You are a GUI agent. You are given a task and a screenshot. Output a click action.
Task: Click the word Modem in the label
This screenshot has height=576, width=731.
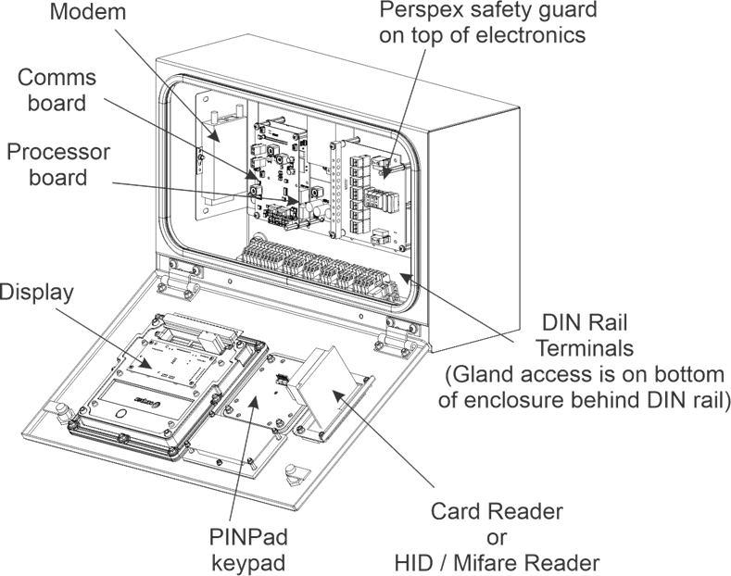pyautogui.click(x=90, y=14)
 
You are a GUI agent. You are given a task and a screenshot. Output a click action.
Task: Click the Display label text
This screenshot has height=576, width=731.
pyautogui.click(x=37, y=292)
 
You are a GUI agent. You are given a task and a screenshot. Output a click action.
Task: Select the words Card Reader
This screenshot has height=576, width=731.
pyautogui.click(x=498, y=512)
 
